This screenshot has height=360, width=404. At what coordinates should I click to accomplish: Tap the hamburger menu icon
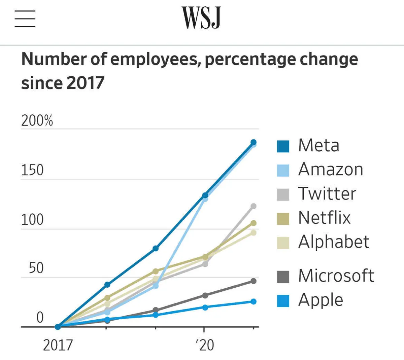point(25,19)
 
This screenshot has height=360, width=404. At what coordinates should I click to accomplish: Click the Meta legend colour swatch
point(283,146)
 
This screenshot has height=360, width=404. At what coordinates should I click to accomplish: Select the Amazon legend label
point(331,169)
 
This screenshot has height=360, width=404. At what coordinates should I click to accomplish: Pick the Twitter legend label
point(327,193)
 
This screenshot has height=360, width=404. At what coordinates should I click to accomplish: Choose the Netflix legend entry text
point(324,218)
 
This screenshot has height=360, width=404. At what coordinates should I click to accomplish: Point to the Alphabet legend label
point(334,242)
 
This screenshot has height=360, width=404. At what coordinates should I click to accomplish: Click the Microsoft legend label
point(336,276)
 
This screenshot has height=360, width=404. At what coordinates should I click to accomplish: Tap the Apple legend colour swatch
point(283,301)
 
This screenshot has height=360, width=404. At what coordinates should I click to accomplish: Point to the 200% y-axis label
point(37,120)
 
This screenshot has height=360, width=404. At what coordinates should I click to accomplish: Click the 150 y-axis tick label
point(32,170)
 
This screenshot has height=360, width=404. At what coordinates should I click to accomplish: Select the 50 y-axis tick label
point(36,268)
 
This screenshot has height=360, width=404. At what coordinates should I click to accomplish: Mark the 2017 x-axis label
point(58,345)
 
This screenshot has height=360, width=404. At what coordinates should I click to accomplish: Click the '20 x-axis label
point(204,345)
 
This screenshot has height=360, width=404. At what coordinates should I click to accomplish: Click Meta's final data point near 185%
point(254,142)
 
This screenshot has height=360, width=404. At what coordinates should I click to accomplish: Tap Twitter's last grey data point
point(254,206)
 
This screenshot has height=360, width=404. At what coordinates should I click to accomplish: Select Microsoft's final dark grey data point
point(254,281)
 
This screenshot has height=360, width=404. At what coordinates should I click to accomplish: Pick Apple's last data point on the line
point(254,301)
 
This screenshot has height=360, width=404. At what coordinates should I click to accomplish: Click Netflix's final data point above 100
point(254,223)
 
